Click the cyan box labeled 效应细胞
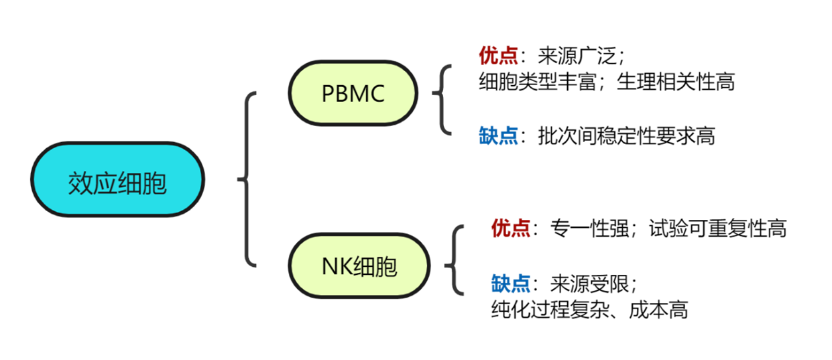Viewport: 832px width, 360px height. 117,180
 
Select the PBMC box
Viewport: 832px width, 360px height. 353,93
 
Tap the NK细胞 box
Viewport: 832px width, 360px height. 359,266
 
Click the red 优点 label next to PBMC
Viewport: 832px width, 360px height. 498,56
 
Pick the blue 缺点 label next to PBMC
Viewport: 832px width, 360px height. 498,136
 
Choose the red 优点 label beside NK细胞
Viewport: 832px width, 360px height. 510,229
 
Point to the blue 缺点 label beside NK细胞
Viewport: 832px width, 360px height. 510,284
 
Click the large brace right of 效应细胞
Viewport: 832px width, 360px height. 247,179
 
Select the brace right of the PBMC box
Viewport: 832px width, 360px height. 441,100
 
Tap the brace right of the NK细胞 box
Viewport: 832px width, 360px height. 455,260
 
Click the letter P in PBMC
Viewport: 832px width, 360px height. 328,94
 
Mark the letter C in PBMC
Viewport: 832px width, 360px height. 377,94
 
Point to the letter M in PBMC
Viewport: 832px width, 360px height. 359,94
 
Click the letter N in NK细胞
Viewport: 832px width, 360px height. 329,267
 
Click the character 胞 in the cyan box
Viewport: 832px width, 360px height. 155,183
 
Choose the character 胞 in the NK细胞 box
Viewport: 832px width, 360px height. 385,267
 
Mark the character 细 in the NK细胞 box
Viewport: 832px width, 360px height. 364,267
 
